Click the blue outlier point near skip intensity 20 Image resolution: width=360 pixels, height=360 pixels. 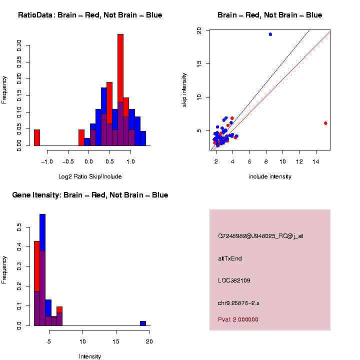[270, 34]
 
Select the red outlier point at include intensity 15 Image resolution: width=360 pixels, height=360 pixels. [325, 123]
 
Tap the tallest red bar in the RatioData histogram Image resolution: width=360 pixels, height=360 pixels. [120, 90]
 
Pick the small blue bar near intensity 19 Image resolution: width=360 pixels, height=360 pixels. [143, 323]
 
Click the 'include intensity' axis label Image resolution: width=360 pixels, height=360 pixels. [269, 176]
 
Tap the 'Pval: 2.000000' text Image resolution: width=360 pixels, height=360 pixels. [238, 319]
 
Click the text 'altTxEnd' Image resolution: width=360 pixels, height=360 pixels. [230, 258]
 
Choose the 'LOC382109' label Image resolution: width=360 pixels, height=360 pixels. [234, 280]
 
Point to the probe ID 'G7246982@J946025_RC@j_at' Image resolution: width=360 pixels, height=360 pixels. [260, 236]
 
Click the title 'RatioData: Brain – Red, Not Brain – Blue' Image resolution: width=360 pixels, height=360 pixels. [90, 15]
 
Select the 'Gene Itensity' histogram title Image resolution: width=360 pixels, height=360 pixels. [90, 195]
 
